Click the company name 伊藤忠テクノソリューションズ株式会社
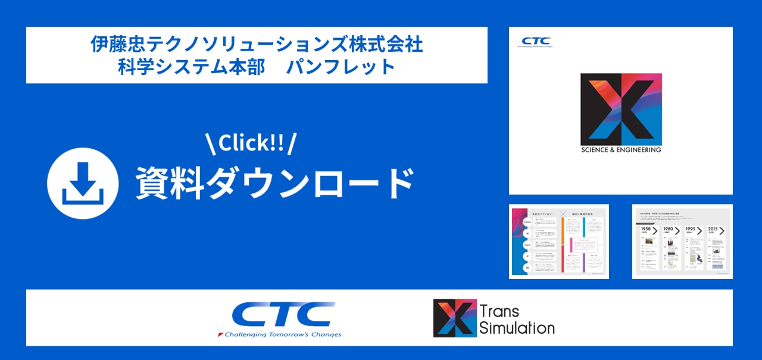tap(257, 45)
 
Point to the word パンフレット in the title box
tap(341, 66)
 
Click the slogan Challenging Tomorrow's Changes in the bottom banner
tap(280, 334)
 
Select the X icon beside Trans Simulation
tap(455, 318)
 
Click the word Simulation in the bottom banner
tap(517, 327)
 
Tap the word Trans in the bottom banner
tap(499, 311)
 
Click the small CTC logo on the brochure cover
tap(536, 40)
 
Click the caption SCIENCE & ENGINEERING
tap(621, 150)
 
